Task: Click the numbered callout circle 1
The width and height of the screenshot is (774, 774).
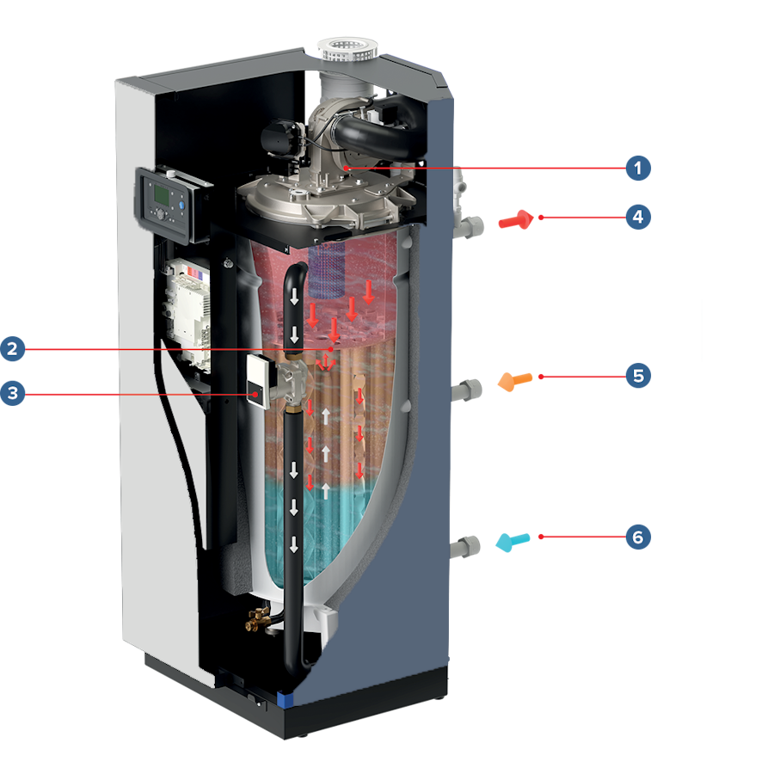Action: click(x=637, y=169)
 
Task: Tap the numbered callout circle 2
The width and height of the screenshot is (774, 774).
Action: click(x=12, y=349)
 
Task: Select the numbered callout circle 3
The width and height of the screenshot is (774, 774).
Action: click(x=12, y=395)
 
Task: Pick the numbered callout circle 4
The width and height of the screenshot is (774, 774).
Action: click(x=637, y=217)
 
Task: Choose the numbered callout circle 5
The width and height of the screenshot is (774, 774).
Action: click(x=637, y=376)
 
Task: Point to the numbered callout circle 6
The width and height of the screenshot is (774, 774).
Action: click(x=637, y=537)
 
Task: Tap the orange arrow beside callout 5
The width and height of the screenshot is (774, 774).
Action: click(x=515, y=380)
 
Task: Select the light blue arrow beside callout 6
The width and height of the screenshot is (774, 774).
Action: click(x=513, y=542)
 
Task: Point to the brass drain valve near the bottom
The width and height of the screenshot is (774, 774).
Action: click(x=255, y=615)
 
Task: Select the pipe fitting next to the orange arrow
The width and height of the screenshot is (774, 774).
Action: click(x=470, y=388)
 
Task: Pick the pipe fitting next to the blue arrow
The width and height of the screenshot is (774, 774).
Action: click(x=469, y=547)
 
